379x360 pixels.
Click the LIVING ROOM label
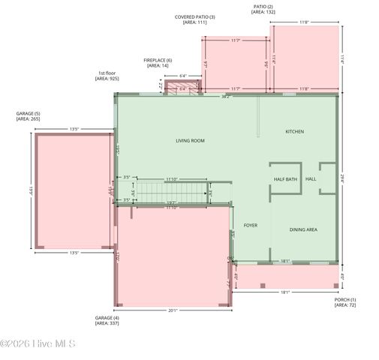point(190,140)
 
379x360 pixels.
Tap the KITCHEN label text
point(294,132)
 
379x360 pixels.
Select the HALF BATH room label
point(285,179)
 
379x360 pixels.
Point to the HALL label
point(311,179)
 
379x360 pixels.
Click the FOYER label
point(250,224)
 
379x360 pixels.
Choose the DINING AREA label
point(302,229)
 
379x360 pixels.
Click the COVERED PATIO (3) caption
point(194,19)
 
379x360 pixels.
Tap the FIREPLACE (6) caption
point(158,63)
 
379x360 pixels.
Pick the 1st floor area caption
point(107,76)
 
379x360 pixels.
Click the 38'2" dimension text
point(226,97)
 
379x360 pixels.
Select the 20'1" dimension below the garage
point(172,310)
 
